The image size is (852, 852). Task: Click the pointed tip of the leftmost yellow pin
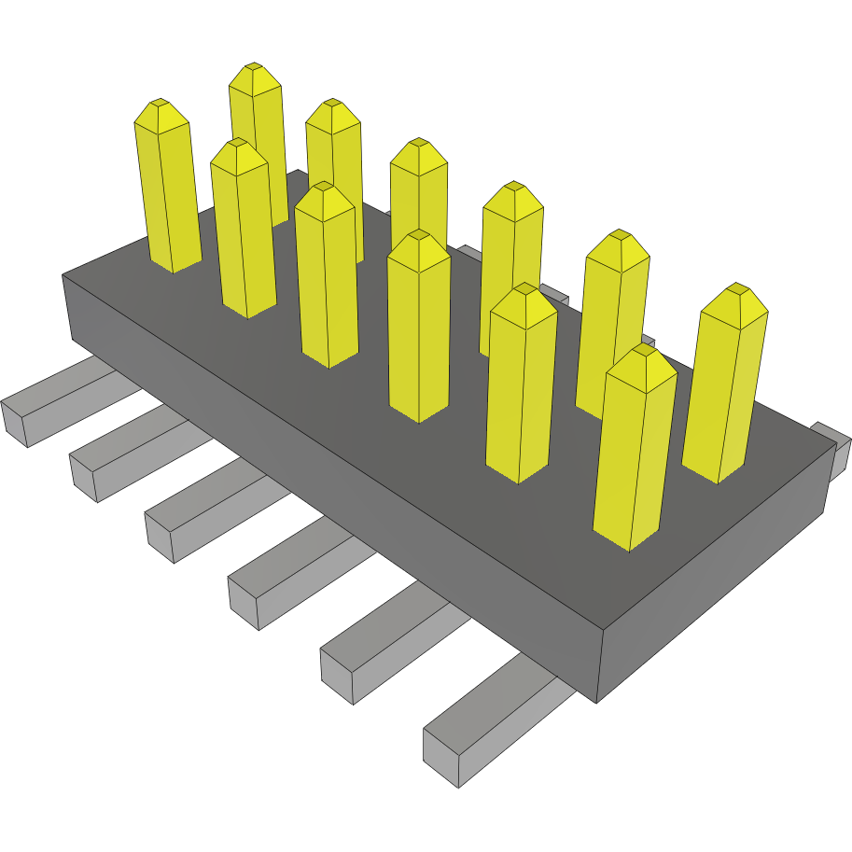161,105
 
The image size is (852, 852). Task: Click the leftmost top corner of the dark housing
63,275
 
